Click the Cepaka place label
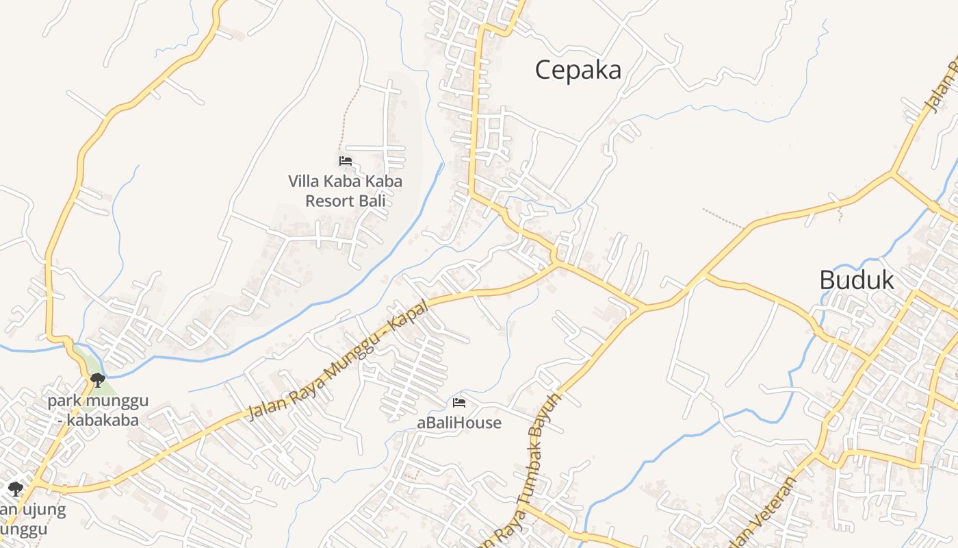click(x=578, y=70)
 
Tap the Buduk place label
click(x=857, y=279)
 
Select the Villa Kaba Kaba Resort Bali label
click(x=345, y=191)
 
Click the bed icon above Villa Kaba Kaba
click(x=346, y=161)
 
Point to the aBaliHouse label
click(x=459, y=423)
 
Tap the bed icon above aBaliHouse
click(x=459, y=402)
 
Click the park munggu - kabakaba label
click(x=98, y=410)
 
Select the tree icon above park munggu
click(x=98, y=379)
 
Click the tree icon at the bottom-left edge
click(x=16, y=488)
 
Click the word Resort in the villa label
click(x=333, y=201)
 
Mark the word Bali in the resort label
click(x=375, y=201)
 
